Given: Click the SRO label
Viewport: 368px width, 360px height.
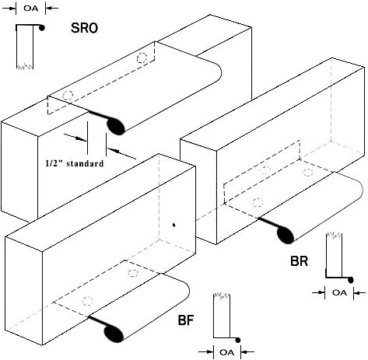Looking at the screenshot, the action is (84, 28).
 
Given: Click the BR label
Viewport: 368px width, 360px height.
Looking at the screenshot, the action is (300, 261).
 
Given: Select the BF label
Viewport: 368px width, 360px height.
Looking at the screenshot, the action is (186, 320).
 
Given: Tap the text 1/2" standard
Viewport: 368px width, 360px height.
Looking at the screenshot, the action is (75, 163).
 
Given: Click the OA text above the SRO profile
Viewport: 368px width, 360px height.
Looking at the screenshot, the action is (31, 9).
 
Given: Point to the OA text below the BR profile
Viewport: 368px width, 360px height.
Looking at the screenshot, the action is (339, 292).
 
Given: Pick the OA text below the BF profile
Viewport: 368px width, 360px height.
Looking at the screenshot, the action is (227, 352).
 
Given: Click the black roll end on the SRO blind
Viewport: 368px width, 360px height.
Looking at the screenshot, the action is (116, 126).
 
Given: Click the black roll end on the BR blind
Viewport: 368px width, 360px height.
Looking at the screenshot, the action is (286, 235).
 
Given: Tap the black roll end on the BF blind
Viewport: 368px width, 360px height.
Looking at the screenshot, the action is (114, 334).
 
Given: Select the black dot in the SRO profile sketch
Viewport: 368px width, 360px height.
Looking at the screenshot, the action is (41, 28).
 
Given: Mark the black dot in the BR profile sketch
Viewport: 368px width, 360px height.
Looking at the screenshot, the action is (350, 280).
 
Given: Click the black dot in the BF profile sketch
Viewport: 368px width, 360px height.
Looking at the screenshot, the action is (238, 340).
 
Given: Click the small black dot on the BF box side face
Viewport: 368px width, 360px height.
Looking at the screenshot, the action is (174, 225).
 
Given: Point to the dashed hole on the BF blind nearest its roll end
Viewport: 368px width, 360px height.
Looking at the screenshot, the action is (88, 301).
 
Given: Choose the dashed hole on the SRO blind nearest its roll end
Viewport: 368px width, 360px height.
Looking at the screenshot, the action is (68, 96).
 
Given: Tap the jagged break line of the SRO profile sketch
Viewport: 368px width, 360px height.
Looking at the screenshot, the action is (25, 66).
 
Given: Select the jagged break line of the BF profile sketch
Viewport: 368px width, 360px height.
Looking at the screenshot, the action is (222, 295).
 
